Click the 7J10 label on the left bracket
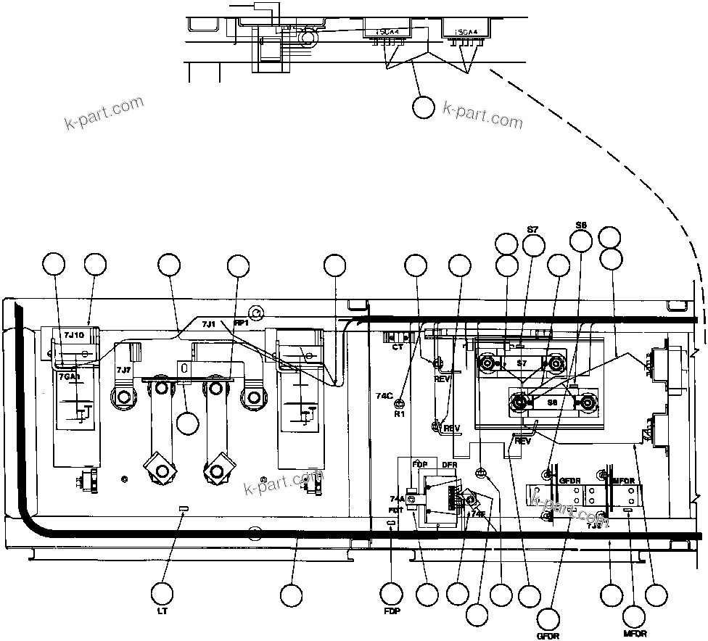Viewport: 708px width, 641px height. [x=74, y=335]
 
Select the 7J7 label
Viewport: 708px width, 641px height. [x=123, y=371]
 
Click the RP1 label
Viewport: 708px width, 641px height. [x=240, y=323]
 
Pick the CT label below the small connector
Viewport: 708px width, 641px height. [x=397, y=347]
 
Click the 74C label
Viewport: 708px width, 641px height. [x=384, y=395]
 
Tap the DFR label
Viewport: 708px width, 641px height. [x=449, y=463]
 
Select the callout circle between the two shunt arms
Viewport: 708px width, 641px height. [x=188, y=422]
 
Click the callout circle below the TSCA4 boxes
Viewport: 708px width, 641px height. [x=423, y=107]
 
